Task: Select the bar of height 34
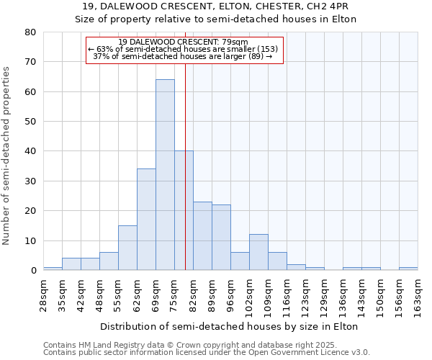pos(146,220)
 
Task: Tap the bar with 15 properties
pos(127,248)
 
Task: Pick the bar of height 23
pos(202,236)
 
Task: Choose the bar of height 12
pos(258,252)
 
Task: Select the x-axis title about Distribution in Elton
pos(229,326)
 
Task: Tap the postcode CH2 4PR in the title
pos(328,6)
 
